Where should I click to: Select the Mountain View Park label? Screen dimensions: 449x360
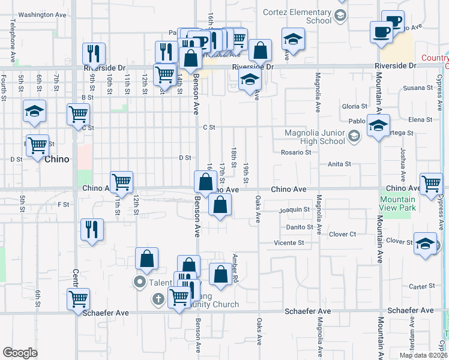397,203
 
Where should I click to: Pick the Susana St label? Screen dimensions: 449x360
418,88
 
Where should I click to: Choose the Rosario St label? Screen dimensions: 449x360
296,152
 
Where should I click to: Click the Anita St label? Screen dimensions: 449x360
339,164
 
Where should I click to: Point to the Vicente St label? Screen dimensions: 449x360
289,243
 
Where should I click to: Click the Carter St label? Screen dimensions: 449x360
417,287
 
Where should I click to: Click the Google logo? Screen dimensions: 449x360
20,353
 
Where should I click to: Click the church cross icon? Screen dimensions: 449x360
158,298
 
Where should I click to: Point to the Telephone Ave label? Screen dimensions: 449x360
12,41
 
